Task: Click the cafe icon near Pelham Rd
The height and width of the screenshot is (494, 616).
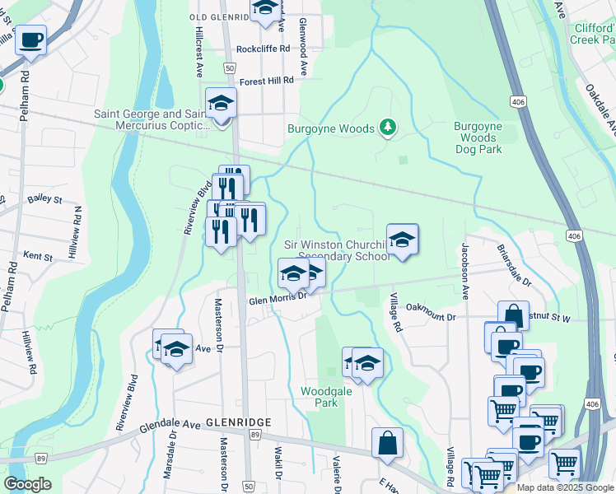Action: click(30, 40)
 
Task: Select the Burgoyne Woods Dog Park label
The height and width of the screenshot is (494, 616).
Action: click(478, 137)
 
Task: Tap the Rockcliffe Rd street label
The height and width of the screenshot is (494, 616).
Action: click(263, 49)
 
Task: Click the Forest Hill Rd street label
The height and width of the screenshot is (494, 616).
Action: click(266, 81)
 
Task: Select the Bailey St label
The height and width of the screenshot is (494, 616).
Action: click(44, 199)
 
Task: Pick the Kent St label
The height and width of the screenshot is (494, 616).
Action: click(37, 257)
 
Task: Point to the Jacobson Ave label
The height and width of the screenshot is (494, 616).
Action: click(465, 271)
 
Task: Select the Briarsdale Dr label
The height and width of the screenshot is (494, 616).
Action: click(515, 264)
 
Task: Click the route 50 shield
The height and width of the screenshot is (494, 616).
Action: click(249, 486)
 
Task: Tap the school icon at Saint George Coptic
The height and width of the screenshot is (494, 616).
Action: click(221, 104)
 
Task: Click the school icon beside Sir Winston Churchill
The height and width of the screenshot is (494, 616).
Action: click(403, 240)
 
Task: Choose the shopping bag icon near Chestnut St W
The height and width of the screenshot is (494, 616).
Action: click(513, 315)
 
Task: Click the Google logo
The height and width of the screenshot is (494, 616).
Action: click(27, 484)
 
